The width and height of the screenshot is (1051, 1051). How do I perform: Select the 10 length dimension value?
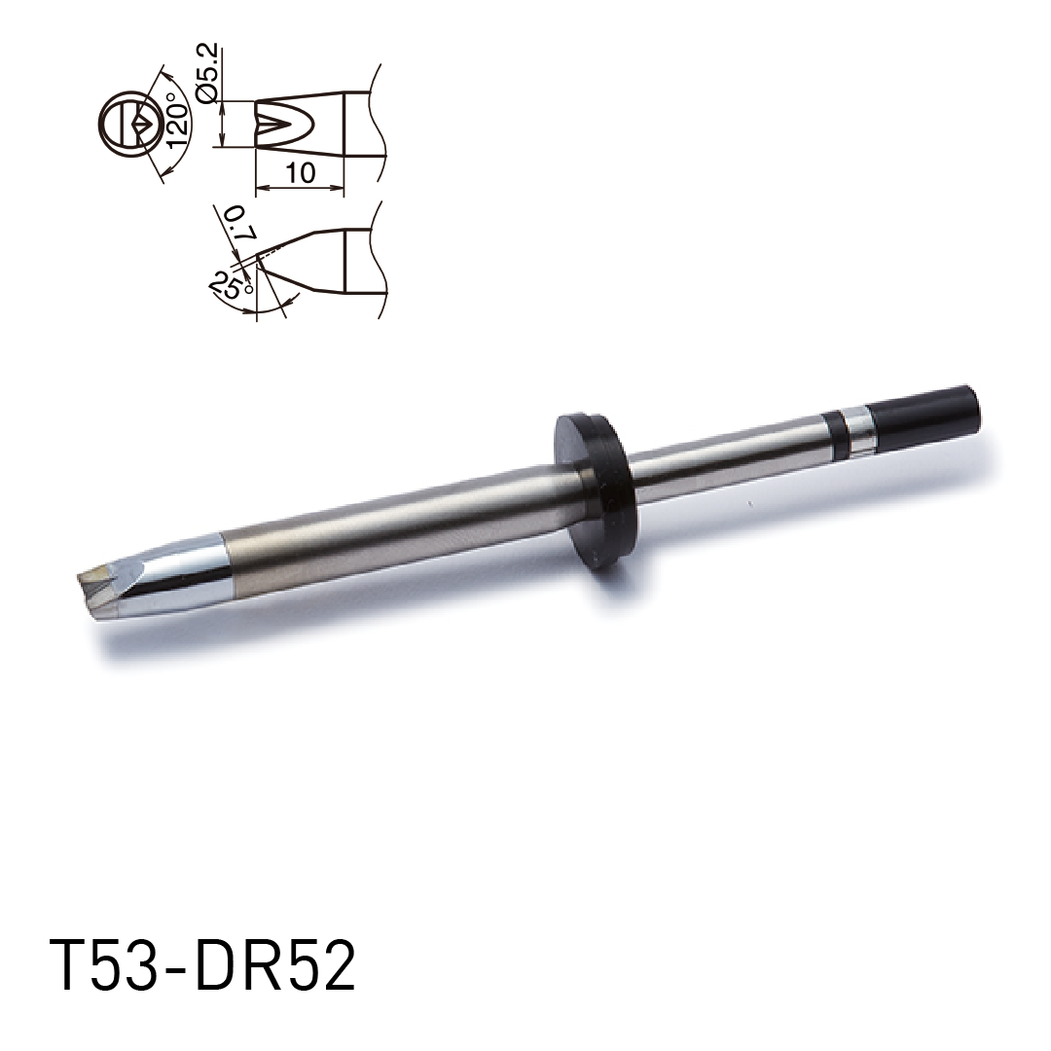point(301,173)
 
